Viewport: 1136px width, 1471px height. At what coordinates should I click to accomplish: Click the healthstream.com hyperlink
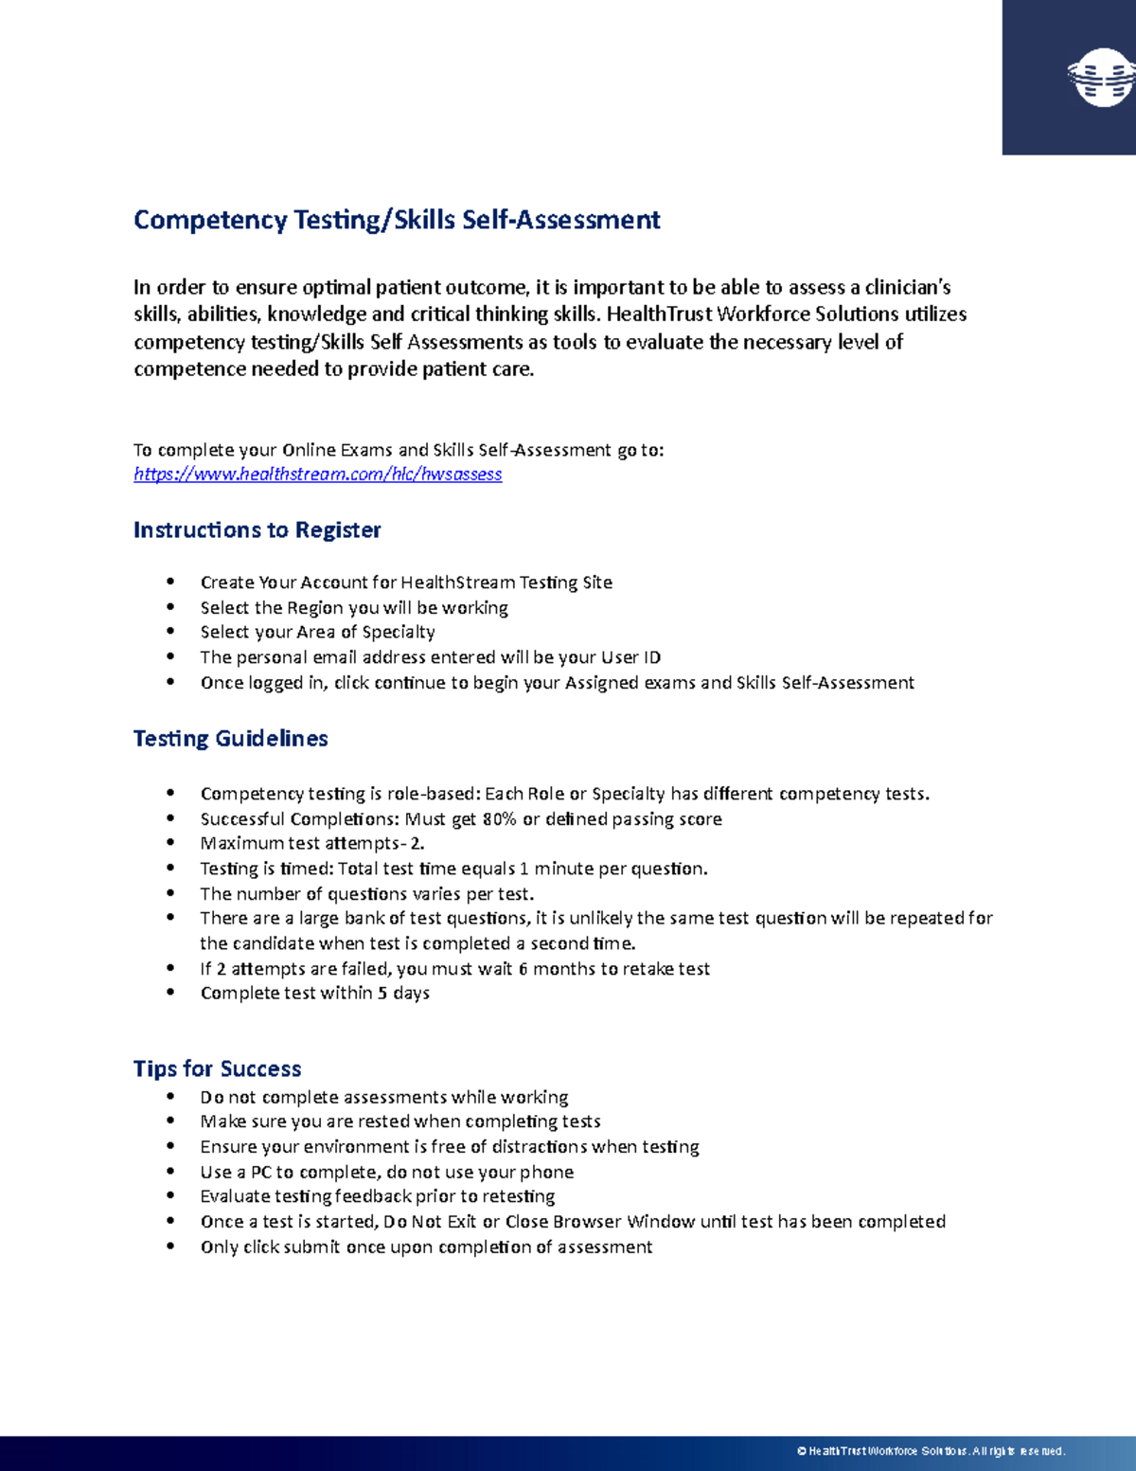(x=317, y=474)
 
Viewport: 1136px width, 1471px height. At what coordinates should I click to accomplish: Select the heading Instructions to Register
(x=257, y=529)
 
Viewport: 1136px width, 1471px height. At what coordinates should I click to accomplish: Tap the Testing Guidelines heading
(x=230, y=739)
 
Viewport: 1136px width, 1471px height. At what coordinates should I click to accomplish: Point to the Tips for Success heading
(x=217, y=1068)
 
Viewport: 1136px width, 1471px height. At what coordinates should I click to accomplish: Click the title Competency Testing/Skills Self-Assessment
(x=397, y=220)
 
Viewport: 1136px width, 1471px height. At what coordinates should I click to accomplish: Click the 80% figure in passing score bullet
(x=499, y=819)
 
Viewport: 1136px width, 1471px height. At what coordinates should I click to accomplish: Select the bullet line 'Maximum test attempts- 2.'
(x=311, y=843)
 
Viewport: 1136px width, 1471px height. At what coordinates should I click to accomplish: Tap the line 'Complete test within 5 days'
(x=314, y=993)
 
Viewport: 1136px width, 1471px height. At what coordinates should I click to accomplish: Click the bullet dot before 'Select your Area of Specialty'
(x=170, y=631)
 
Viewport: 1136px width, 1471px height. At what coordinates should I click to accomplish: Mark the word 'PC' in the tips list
(x=261, y=1172)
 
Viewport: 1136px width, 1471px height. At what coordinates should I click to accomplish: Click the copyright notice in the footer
(x=932, y=1451)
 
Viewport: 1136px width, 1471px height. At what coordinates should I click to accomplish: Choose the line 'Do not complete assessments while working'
(x=383, y=1097)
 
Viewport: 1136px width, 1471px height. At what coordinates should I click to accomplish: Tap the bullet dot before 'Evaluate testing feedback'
(x=170, y=1195)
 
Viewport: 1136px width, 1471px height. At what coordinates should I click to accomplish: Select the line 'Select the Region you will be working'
(x=353, y=607)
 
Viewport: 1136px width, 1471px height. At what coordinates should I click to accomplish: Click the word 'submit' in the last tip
(x=311, y=1247)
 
